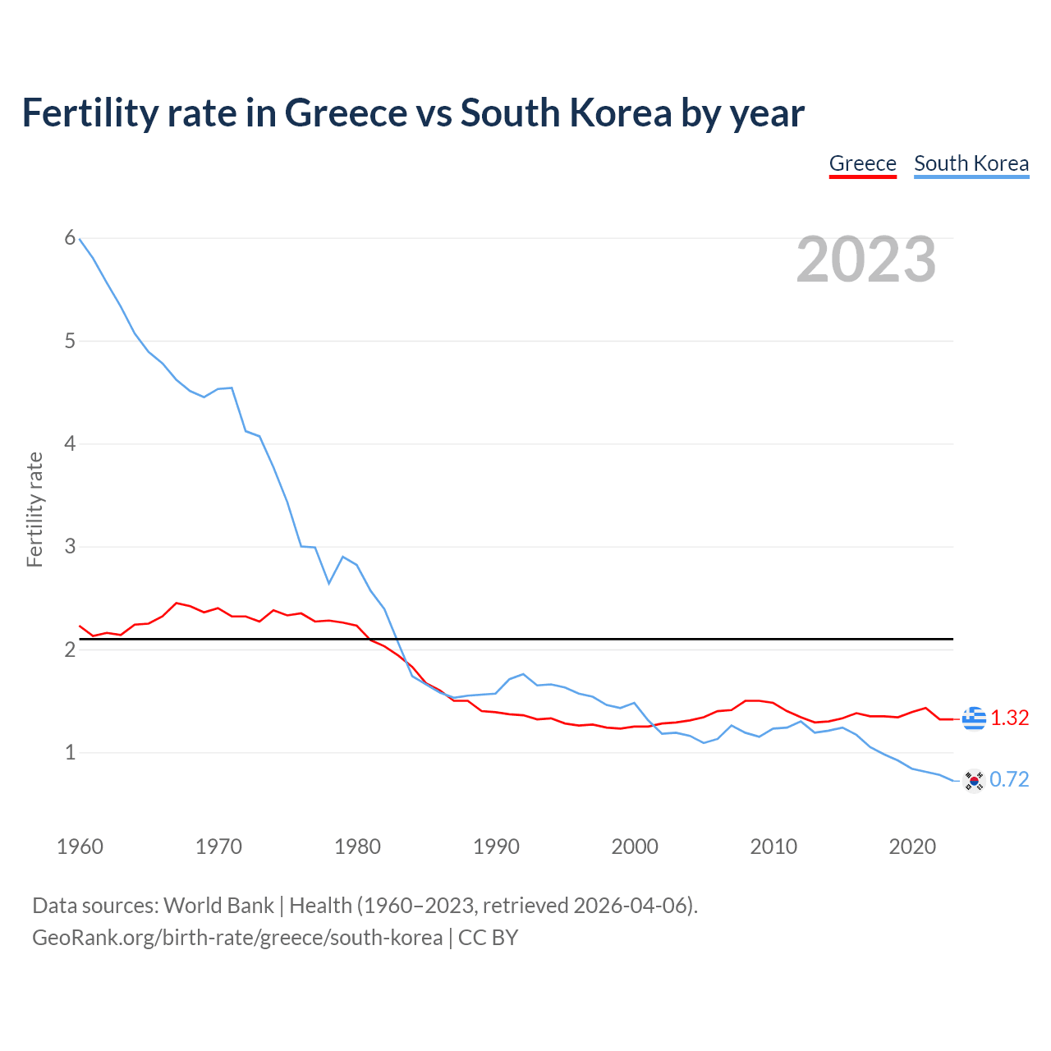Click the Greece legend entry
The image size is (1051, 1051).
point(862,163)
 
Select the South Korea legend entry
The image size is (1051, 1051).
point(971,163)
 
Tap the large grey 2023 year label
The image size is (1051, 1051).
point(866,259)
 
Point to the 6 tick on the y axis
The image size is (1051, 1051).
point(70,238)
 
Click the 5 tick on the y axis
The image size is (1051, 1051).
point(70,341)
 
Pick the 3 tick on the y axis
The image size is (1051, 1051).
point(70,546)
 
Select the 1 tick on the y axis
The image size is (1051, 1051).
point(70,752)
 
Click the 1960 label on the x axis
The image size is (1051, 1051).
point(80,847)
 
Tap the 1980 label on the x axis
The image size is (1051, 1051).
point(357,847)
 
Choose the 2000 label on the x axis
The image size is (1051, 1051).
point(635,847)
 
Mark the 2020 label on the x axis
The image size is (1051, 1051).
point(912,847)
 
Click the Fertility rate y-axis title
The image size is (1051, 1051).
point(34,509)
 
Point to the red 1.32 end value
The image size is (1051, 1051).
point(1009,718)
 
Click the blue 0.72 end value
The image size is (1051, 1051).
point(1009,779)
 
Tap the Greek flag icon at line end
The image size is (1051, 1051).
point(974,718)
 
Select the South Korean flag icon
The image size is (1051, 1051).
point(974,780)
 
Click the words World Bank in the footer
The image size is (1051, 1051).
point(218,906)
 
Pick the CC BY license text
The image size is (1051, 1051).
point(488,938)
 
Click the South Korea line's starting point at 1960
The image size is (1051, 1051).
point(80,239)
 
